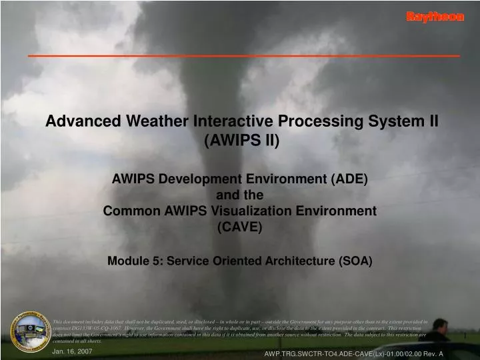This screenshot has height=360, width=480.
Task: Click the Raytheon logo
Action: [x=435, y=17]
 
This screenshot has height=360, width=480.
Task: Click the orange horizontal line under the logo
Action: [x=243, y=55]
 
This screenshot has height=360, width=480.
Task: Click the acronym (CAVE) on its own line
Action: [x=240, y=227]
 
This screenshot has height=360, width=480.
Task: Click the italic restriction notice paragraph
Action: [x=240, y=331]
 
